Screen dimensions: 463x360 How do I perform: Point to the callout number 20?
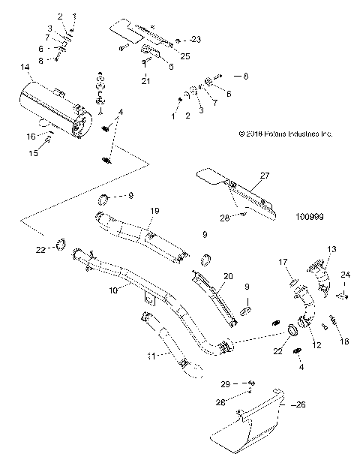pyautogui.click(x=229, y=276)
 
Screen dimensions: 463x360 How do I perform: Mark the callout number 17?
pyautogui.click(x=283, y=261)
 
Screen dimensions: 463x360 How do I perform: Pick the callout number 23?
pyautogui.click(x=196, y=38)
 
